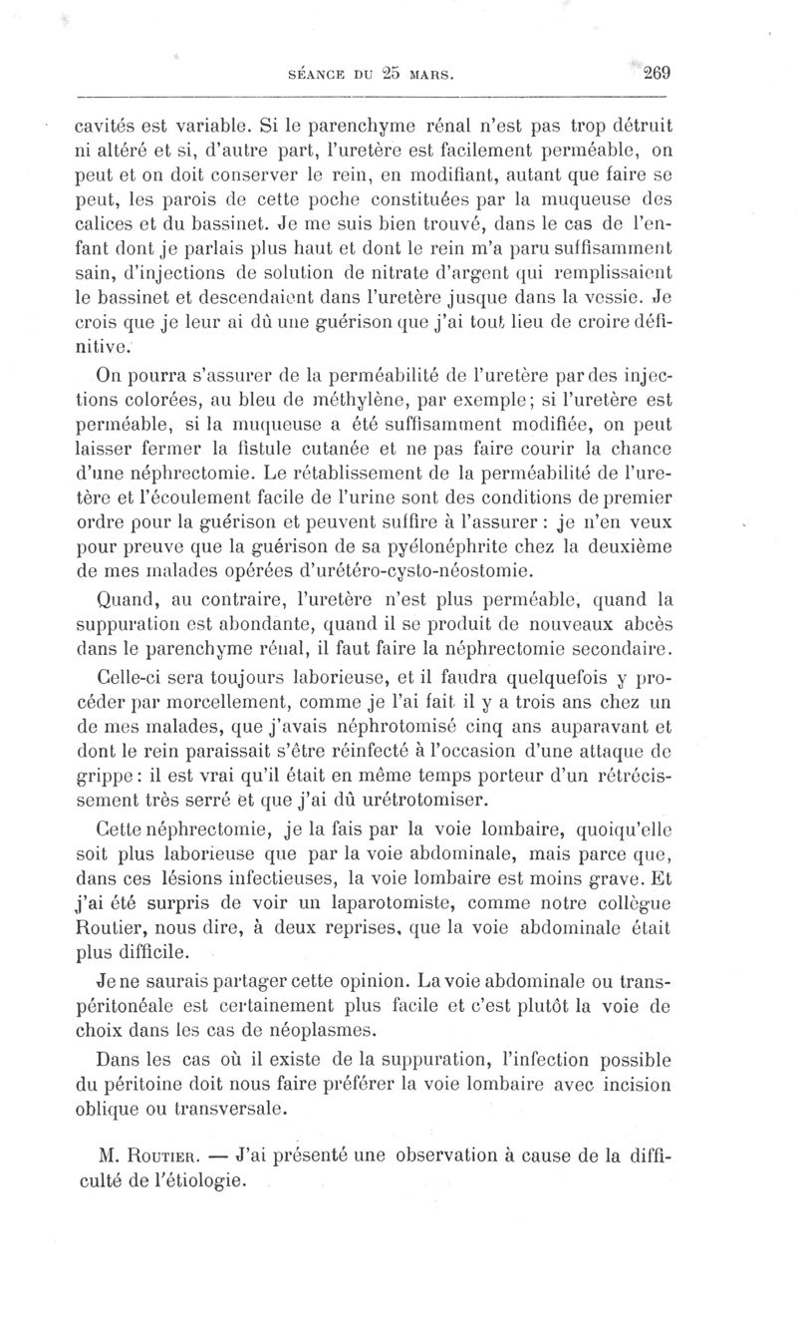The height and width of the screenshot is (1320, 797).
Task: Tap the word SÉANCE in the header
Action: click(317, 74)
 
